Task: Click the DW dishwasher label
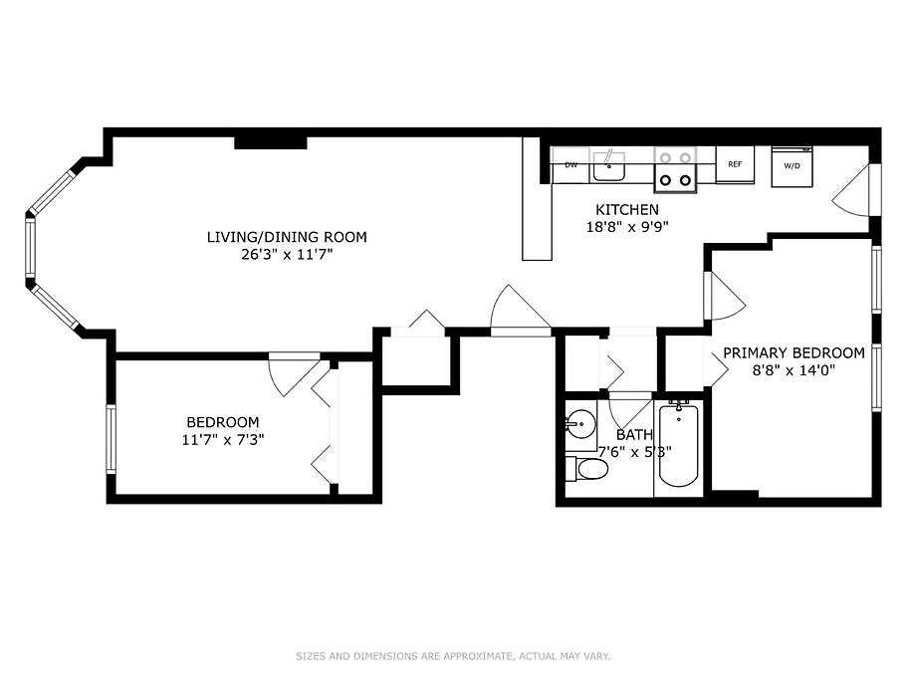pos(570,165)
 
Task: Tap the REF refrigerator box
pos(735,164)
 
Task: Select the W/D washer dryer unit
pos(792,166)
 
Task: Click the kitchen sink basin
pos(608,168)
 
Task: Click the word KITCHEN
pos(627,209)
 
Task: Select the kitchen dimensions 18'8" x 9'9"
pos(627,227)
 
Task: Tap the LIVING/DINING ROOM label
pos(287,237)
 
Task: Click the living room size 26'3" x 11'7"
pos(287,255)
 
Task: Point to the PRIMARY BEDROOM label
pos(794,352)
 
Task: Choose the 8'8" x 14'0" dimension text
pos(794,370)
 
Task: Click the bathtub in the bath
pos(679,444)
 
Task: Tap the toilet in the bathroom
pos(586,468)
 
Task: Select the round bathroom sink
pos(580,425)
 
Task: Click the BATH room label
pos(634,434)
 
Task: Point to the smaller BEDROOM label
pos(223,422)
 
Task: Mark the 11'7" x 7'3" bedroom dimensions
pos(223,440)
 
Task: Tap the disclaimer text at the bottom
pos(453,656)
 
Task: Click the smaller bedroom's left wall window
pos(112,439)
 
